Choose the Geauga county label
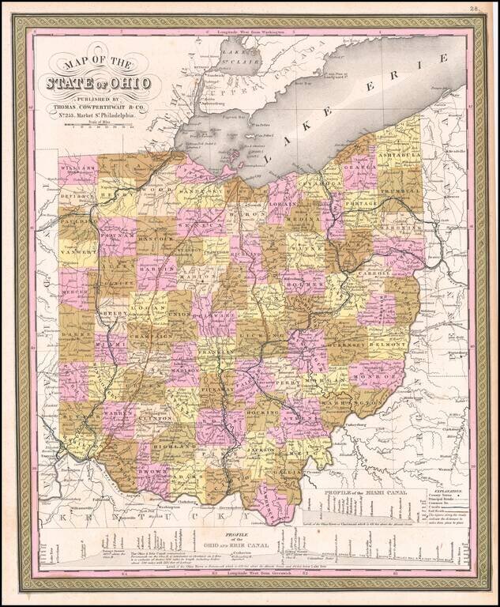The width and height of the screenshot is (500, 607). (x=359, y=168)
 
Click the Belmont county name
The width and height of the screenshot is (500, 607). (x=388, y=345)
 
